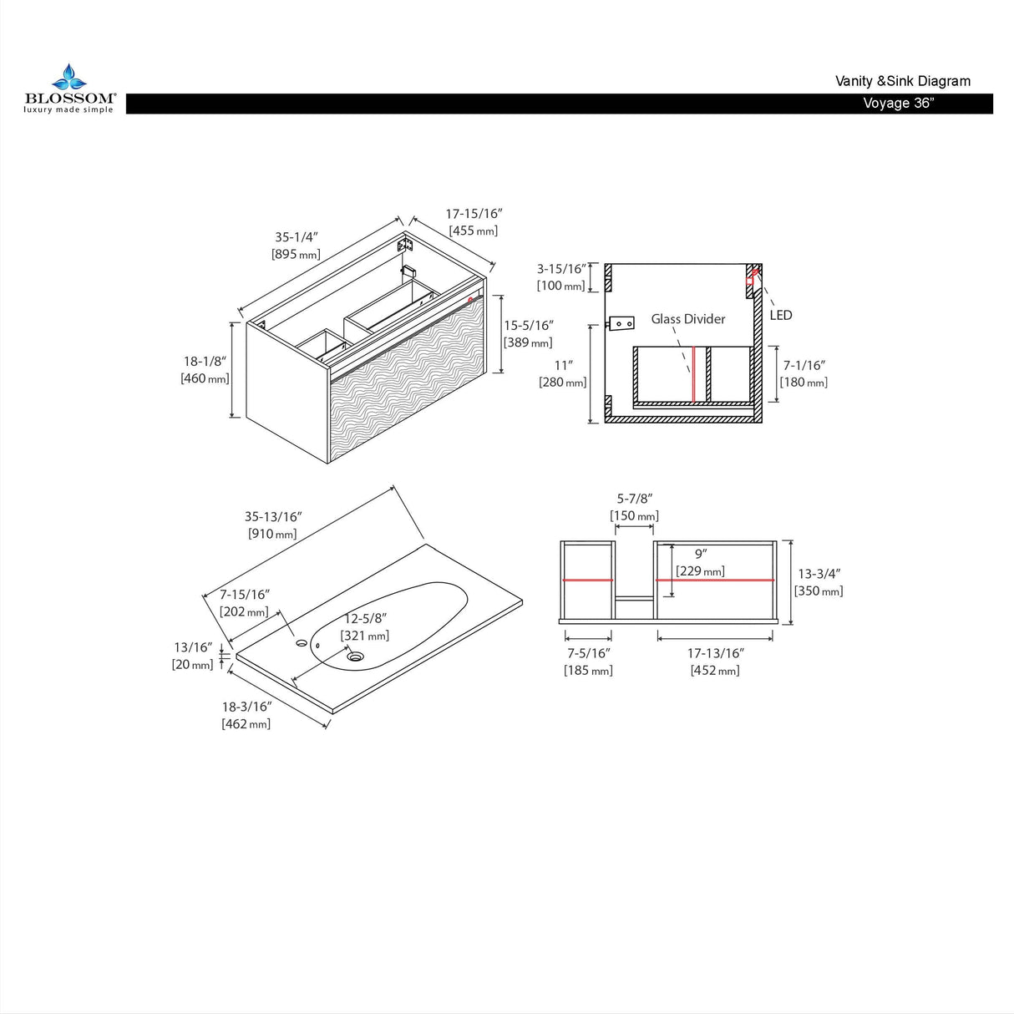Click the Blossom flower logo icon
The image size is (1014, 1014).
tap(68, 77)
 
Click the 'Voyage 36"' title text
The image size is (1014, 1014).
tap(899, 103)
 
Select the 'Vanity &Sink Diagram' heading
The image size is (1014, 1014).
tap(903, 81)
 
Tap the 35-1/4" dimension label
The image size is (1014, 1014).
tap(297, 236)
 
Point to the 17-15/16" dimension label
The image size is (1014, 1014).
tap(474, 214)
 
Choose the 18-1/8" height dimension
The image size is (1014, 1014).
tap(205, 361)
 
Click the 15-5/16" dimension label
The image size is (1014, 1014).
tap(529, 325)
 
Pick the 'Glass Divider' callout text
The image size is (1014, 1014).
tap(687, 319)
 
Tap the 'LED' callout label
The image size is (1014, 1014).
tap(781, 315)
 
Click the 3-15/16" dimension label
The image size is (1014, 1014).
tap(561, 269)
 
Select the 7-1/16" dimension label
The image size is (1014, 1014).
tap(804, 365)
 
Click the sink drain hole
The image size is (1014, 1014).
tap(356, 657)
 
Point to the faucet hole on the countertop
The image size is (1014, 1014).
tap(302, 642)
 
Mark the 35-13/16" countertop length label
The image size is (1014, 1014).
tap(272, 517)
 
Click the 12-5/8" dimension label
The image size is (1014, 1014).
tap(365, 618)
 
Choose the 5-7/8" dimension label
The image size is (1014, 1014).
tap(635, 499)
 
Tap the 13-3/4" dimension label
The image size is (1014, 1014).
tap(819, 574)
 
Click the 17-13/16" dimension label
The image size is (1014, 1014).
tap(715, 653)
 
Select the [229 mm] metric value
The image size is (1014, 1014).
tap(700, 571)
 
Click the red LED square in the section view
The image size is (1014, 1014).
tap(749, 281)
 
